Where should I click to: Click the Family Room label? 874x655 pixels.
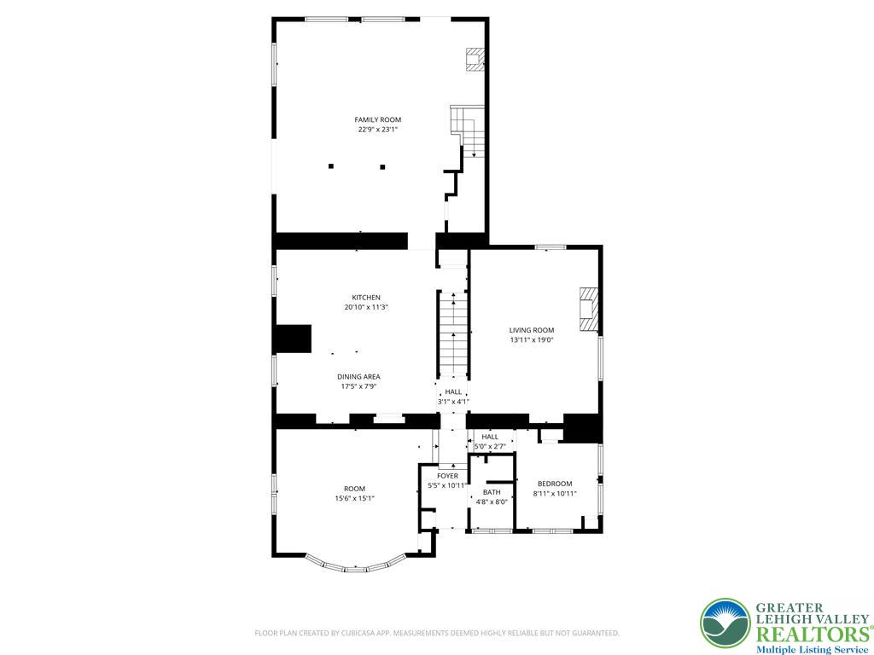(x=377, y=119)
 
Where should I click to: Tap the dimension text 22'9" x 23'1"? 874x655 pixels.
(x=377, y=130)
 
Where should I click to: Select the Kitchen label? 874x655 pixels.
(x=365, y=298)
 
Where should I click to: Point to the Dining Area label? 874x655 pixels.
(x=358, y=376)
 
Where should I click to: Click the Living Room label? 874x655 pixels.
(x=531, y=330)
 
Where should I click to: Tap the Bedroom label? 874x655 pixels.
(x=555, y=484)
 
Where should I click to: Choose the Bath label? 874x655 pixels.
(x=492, y=492)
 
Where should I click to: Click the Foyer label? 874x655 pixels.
(x=447, y=476)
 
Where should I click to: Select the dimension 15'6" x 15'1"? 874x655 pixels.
(x=354, y=498)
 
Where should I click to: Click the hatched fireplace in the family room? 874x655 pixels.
(x=475, y=60)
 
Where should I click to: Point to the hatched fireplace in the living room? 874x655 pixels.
(x=589, y=310)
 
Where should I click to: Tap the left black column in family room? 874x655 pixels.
(x=331, y=166)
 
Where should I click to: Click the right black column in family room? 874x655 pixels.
(x=382, y=166)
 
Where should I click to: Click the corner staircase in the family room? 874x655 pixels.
(x=467, y=130)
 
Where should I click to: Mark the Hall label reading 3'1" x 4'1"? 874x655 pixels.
(x=453, y=397)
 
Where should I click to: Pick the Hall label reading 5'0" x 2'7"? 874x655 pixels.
(x=490, y=442)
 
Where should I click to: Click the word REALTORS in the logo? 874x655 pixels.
(x=813, y=635)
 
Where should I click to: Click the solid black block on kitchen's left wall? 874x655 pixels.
(x=292, y=339)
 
